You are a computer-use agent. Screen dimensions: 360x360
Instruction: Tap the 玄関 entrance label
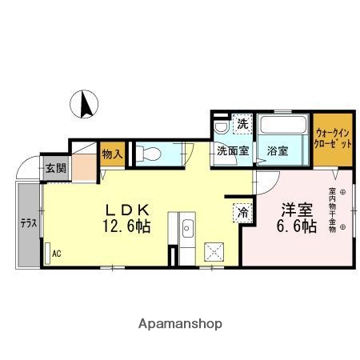[54, 168]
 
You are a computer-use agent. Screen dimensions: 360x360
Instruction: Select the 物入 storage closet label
[111, 154]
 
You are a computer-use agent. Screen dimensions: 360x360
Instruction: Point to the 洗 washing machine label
[241, 125]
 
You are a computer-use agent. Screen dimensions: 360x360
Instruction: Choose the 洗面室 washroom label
[231, 150]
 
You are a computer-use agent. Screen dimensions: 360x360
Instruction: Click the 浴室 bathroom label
[278, 150]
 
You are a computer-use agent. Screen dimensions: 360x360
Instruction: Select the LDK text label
[126, 210]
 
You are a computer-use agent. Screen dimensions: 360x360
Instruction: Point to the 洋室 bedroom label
[297, 211]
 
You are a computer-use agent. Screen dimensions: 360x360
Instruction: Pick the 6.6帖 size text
[297, 228]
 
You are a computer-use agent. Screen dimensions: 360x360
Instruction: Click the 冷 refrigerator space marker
[242, 213]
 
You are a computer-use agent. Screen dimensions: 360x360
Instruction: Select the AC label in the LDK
[56, 254]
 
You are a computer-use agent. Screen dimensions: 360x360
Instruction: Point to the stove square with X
[215, 250]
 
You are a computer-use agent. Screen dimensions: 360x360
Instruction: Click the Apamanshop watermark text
[180, 324]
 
